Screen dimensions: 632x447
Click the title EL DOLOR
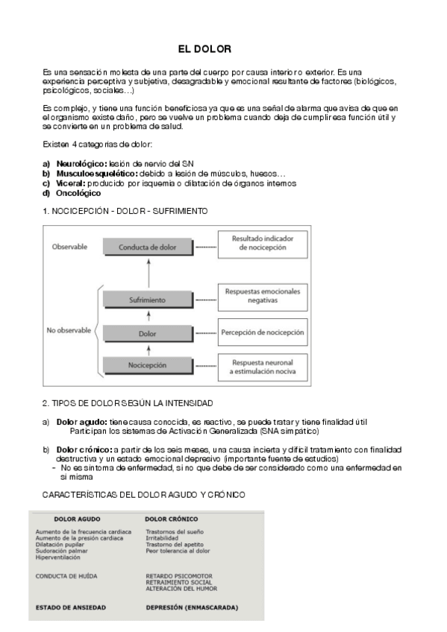click(x=204, y=49)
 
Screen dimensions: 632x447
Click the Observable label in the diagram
click(x=69, y=246)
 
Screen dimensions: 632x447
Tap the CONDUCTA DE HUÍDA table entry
click(x=66, y=576)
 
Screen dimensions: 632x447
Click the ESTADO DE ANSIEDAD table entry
click(x=70, y=607)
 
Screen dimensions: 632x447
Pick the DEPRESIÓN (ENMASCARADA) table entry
click(x=192, y=607)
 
